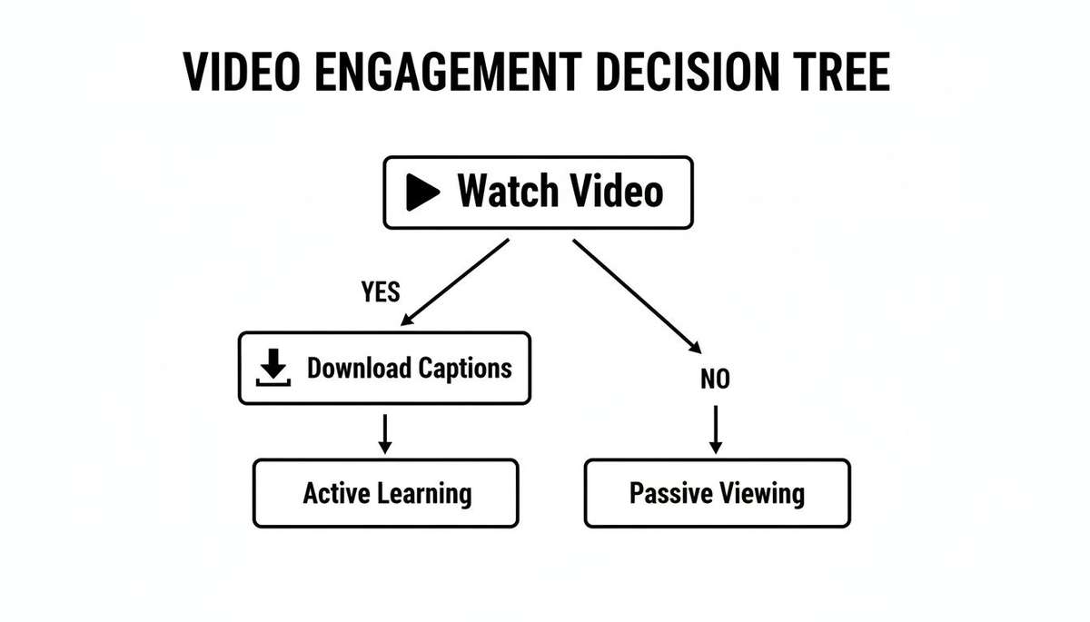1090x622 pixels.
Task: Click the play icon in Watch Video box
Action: click(422, 192)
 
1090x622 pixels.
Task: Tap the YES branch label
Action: click(380, 291)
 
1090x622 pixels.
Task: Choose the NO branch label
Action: click(715, 380)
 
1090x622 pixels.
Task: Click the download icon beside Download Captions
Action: click(273, 369)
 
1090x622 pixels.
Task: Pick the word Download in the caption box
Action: click(359, 368)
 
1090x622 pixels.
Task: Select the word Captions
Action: click(465, 368)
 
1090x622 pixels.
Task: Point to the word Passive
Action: click(668, 493)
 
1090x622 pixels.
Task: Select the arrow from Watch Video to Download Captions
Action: click(453, 281)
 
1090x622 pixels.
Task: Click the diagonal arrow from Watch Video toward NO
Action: click(636, 295)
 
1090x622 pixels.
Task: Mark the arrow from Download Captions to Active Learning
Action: click(384, 433)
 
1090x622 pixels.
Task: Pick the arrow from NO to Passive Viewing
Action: click(715, 429)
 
